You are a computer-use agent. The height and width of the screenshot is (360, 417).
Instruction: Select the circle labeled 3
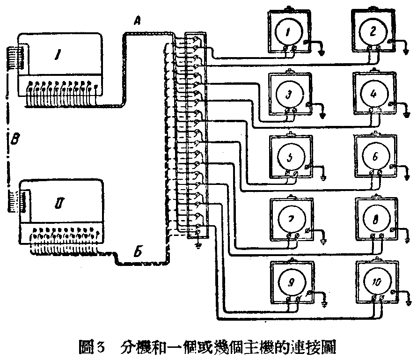point(289,94)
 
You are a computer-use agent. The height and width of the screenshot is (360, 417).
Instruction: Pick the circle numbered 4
point(373,94)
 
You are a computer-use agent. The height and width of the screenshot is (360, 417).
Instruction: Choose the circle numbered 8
point(375,219)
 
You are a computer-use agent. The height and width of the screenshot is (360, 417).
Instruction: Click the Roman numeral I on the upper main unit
point(56,57)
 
